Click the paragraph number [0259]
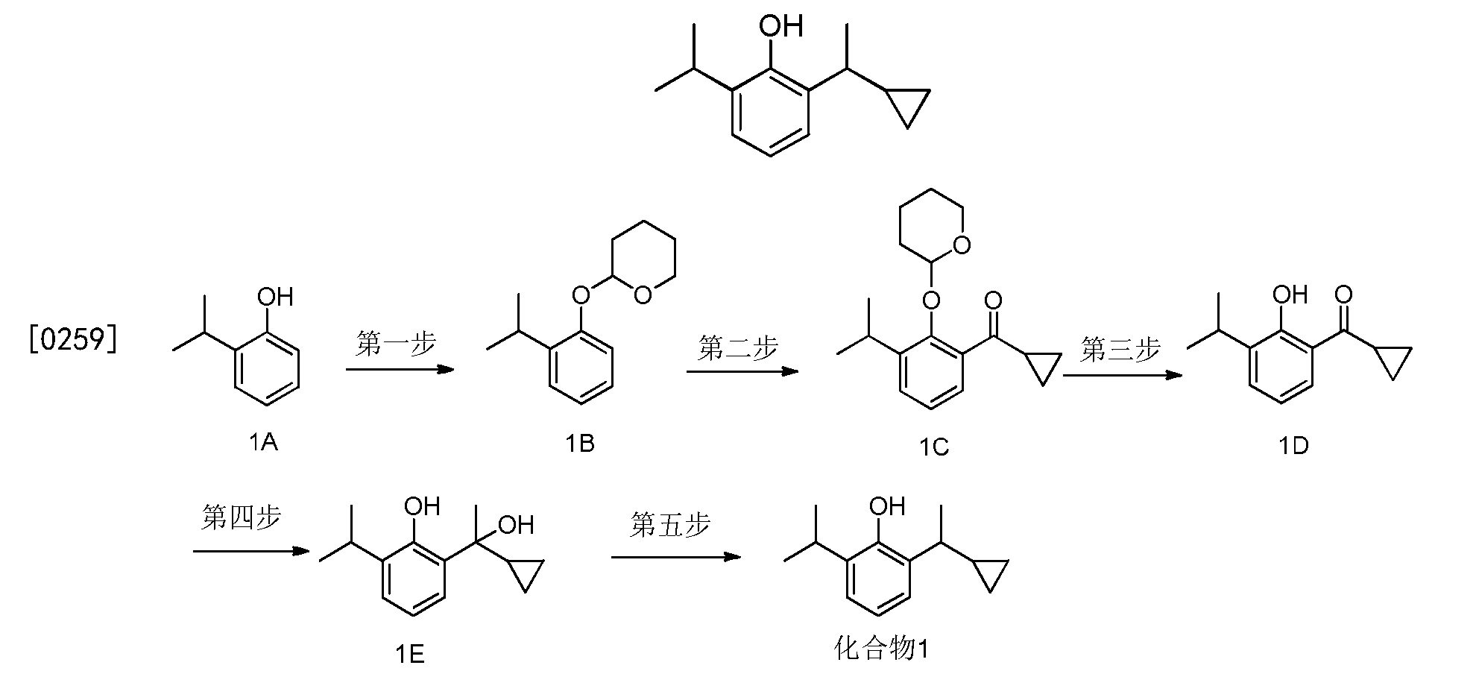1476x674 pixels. (x=73, y=340)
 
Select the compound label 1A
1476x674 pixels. (x=263, y=443)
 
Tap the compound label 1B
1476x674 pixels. (x=580, y=443)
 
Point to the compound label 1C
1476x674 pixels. (x=933, y=447)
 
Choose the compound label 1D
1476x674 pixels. (x=1294, y=446)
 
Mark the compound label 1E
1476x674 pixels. (x=410, y=654)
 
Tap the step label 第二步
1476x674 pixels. (x=738, y=347)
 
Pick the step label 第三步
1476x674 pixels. (x=1120, y=349)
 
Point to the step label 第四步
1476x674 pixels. (x=241, y=517)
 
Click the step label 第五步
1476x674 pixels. (x=669, y=524)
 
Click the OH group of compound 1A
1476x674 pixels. (x=275, y=297)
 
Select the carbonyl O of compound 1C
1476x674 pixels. (x=993, y=301)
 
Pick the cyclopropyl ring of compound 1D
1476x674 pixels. (x=1391, y=362)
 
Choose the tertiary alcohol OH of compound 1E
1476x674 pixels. (x=516, y=525)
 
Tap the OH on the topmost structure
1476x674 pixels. (x=780, y=28)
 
